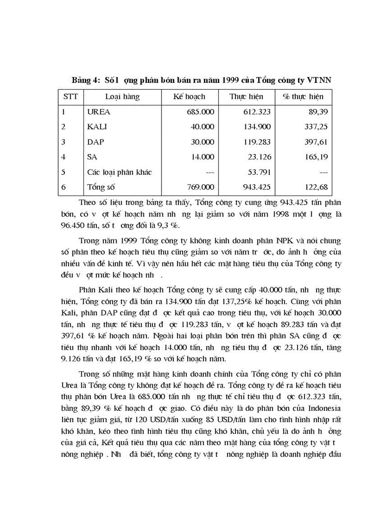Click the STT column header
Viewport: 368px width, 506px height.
coord(69,97)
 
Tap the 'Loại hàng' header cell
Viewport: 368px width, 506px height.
coord(122,97)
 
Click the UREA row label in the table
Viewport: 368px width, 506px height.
coord(98,112)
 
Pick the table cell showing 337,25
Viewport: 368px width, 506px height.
coord(316,127)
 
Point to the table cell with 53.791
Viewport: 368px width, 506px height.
coord(259,172)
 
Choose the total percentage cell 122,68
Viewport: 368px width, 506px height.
coord(316,187)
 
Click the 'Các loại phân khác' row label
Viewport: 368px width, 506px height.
coord(120,172)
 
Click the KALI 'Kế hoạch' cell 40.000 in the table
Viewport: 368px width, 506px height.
coord(202,127)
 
